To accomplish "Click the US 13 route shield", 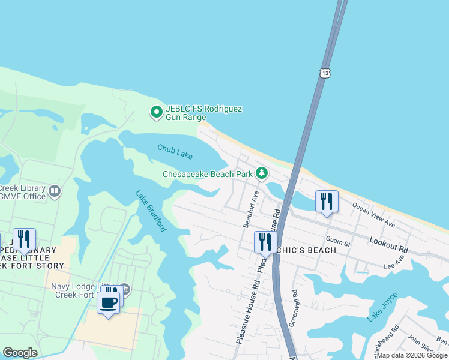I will [x=325, y=73].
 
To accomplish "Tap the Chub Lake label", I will [x=175, y=151].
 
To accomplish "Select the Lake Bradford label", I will [x=151, y=211].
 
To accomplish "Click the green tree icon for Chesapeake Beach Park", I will [x=261, y=174].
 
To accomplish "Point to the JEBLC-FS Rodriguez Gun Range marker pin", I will [x=156, y=112].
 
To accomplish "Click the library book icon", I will [x=55, y=191].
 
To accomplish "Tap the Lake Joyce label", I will [x=382, y=307].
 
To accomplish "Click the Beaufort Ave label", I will [x=250, y=209].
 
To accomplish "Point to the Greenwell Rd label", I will [x=294, y=308].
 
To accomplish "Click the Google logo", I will [x=20, y=353].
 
